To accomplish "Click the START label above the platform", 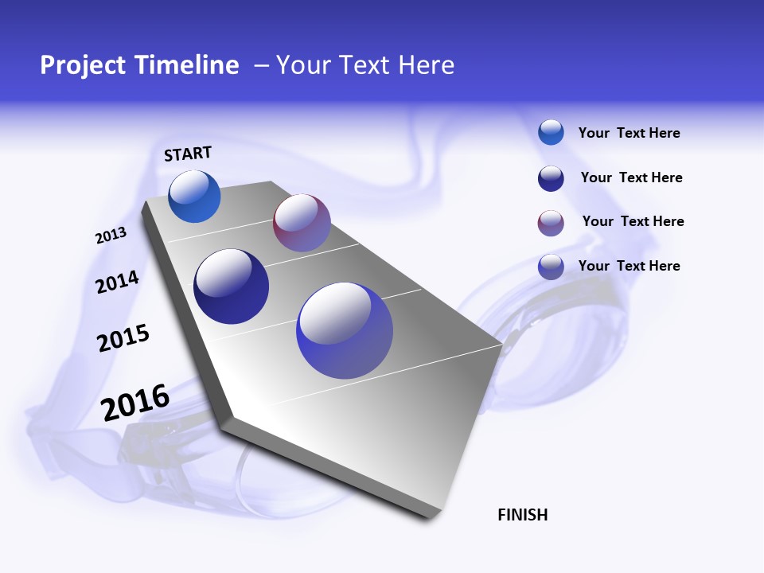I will point(188,154).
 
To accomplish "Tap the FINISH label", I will point(523,515).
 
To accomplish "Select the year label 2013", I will point(111,236).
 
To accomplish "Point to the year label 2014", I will point(117,282).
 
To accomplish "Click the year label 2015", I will point(123,338).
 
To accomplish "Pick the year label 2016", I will point(135,403).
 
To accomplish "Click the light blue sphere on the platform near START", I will point(194,197).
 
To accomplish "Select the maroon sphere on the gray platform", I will point(302,223).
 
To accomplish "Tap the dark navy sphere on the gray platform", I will point(231,286).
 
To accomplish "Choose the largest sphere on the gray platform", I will point(345,330).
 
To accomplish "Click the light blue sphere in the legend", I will point(551,132).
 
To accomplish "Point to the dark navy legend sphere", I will point(551,178).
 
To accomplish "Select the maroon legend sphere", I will point(551,223).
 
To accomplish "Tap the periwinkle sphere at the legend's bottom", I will point(551,267).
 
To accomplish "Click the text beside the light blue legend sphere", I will point(629,133).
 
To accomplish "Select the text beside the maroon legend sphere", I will point(633,221).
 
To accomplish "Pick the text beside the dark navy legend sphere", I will point(631,177).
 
